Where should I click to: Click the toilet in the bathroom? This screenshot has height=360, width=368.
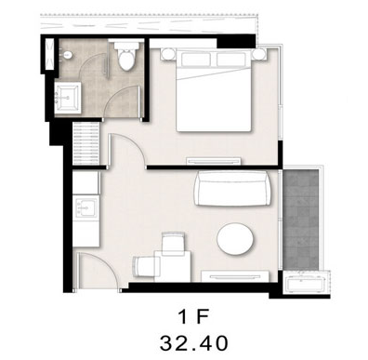[x=127, y=55]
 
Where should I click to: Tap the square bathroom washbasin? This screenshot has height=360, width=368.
[x=68, y=98]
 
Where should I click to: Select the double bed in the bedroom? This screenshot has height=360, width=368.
[x=214, y=90]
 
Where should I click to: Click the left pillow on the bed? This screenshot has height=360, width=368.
[x=196, y=60]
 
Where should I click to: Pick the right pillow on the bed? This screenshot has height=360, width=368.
[x=230, y=60]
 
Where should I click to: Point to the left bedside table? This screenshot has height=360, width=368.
[x=168, y=55]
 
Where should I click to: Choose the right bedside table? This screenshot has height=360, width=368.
[x=258, y=55]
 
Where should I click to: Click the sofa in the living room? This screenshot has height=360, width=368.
[x=233, y=188]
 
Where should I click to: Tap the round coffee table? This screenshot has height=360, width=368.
[x=235, y=239]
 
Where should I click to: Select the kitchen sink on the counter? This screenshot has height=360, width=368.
[x=86, y=207]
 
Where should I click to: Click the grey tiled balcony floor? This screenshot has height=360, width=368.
[x=301, y=220]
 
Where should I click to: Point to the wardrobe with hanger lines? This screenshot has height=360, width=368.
[x=86, y=143]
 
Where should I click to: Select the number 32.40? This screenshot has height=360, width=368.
[x=194, y=343]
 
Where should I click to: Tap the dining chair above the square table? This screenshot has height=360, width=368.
[x=174, y=244]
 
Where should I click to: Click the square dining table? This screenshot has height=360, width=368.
[x=173, y=266]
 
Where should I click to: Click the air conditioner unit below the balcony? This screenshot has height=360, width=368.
[x=305, y=283]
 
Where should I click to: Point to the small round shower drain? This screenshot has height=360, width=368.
[x=68, y=55]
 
